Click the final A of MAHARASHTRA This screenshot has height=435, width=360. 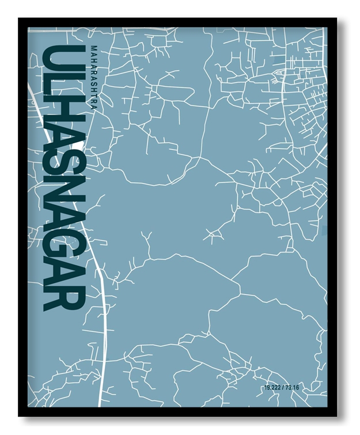click(x=94, y=106)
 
